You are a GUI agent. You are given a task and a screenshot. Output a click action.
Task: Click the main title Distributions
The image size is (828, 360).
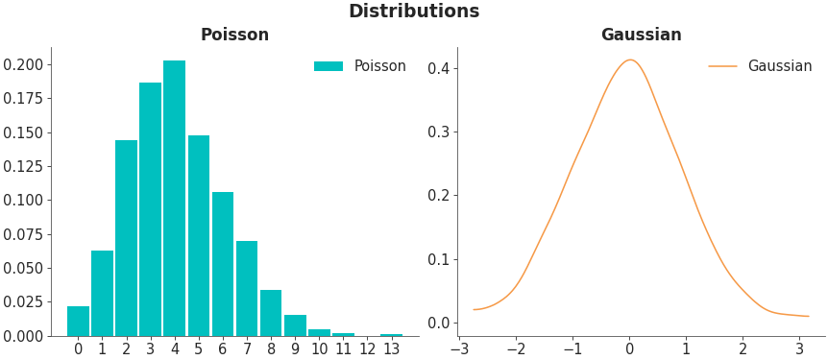pyautogui.click(x=413, y=12)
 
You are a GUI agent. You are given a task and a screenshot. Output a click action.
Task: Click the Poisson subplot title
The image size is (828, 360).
pyautogui.click(x=234, y=36)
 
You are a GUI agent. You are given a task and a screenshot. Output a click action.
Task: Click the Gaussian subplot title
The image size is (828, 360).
pyautogui.click(x=641, y=36)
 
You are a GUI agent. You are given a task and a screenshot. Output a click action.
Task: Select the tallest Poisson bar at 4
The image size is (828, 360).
pyautogui.click(x=174, y=199)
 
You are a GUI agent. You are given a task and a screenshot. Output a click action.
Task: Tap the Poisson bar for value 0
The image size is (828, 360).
pyautogui.click(x=78, y=322)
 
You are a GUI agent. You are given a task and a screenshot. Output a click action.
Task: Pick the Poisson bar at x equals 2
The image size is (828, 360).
pyautogui.click(x=126, y=238)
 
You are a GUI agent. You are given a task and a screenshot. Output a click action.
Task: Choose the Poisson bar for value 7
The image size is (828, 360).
pyautogui.click(x=247, y=288)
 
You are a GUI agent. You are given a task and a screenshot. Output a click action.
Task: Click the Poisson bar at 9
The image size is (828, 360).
pyautogui.click(x=295, y=325)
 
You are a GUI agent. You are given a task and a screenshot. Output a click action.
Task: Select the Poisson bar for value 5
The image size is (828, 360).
pyautogui.click(x=199, y=235)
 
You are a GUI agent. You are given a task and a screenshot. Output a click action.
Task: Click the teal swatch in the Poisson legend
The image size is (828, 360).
pyautogui.click(x=329, y=66)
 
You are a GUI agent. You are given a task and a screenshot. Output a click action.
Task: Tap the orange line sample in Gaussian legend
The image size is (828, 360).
pyautogui.click(x=722, y=66)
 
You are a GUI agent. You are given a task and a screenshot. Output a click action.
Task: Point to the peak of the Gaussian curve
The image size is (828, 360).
pyautogui.click(x=630, y=60)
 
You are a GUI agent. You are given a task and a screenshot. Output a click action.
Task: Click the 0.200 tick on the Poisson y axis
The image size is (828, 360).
pyautogui.click(x=23, y=64)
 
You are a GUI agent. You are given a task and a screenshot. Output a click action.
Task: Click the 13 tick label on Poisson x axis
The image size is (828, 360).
pyautogui.click(x=391, y=349)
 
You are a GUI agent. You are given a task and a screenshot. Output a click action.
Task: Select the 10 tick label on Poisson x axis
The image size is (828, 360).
pyautogui.click(x=319, y=349)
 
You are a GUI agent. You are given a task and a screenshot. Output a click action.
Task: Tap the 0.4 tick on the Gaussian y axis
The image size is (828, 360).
pyautogui.click(x=439, y=68)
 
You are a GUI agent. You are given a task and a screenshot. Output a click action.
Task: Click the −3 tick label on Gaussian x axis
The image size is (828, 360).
pyautogui.click(x=459, y=349)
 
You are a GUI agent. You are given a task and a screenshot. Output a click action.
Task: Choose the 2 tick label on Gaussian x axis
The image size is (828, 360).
pyautogui.click(x=743, y=349)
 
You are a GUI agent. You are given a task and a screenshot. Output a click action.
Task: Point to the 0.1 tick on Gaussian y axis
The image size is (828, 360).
pyautogui.click(x=439, y=259)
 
